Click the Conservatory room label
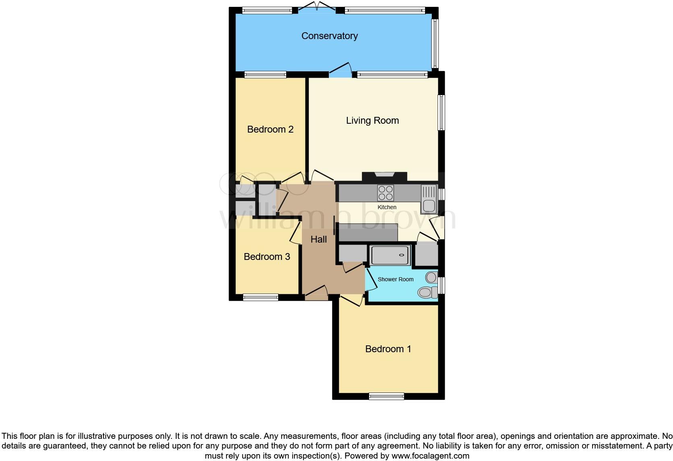[329, 36]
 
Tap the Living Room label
[372, 120]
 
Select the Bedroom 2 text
[270, 129]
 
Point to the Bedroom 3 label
[267, 257]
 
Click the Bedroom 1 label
[388, 349]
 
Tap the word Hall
[318, 239]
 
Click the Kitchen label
[387, 207]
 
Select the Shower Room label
[395, 279]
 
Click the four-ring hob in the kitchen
[385, 193]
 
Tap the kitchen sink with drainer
[429, 199]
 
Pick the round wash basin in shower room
[431, 277]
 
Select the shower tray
[390, 255]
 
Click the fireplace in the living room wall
[384, 176]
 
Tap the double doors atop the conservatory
[318, 7]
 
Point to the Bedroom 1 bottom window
[386, 397]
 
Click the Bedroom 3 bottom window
[260, 297]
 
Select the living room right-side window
[441, 112]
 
